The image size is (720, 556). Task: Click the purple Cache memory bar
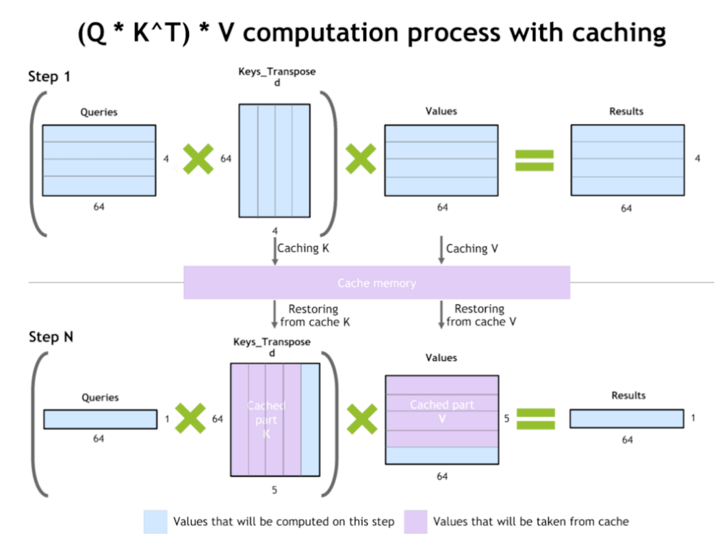point(376,283)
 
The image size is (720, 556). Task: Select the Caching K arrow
point(275,251)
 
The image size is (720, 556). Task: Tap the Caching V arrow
point(441,251)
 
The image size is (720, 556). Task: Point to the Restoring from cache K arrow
point(275,314)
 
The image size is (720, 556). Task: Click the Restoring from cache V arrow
point(441,314)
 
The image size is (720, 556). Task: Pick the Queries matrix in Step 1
point(99,160)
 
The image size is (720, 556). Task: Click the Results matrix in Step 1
point(628,160)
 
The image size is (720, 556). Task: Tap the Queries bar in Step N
point(100,419)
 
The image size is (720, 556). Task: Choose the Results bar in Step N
point(626,418)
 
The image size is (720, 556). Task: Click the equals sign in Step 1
point(535,160)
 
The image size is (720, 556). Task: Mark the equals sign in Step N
point(535,418)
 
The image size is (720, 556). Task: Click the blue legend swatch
point(155,522)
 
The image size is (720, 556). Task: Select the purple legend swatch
point(415,522)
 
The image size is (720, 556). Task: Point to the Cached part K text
point(266,419)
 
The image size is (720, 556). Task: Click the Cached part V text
point(441,412)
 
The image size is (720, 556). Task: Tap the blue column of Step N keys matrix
point(310,419)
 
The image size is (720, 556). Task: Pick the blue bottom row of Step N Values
point(441,455)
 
